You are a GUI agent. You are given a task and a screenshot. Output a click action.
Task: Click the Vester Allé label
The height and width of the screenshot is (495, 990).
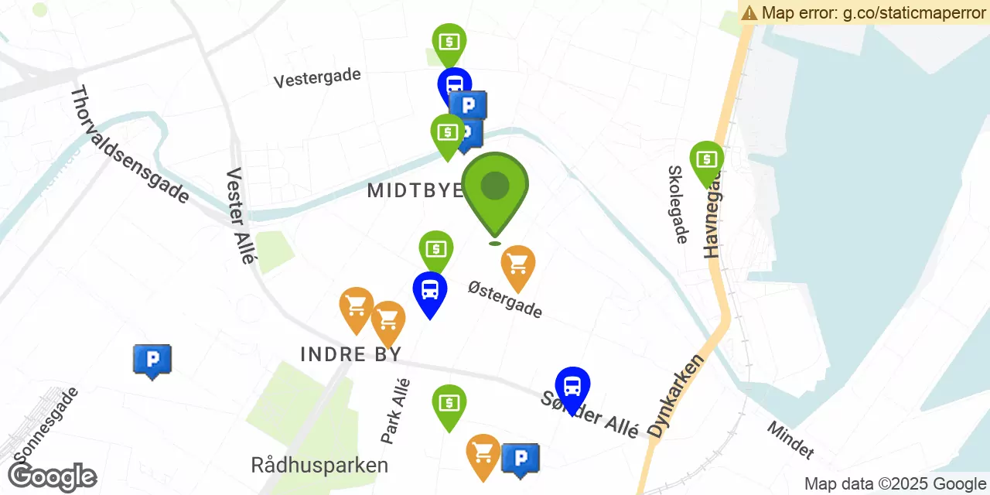pyautogui.click(x=239, y=217)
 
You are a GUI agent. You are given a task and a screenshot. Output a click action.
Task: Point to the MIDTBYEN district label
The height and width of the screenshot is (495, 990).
pyautogui.click(x=415, y=190)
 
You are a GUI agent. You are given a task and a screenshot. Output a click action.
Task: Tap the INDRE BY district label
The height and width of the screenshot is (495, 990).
pyautogui.click(x=351, y=354)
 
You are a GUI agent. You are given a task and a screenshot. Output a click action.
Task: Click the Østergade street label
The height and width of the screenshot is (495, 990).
pyautogui.click(x=505, y=299)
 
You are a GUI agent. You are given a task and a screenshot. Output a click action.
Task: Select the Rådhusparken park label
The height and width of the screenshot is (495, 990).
pyautogui.click(x=319, y=466)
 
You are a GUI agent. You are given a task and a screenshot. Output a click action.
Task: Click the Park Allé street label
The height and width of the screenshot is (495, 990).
pyautogui.click(x=395, y=410)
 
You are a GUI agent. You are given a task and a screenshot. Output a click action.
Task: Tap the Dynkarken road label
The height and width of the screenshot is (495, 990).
pyautogui.click(x=677, y=397)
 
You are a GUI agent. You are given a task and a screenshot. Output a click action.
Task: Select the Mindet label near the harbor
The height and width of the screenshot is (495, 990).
pyautogui.click(x=790, y=439)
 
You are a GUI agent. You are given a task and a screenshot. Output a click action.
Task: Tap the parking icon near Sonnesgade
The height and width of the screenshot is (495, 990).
pyautogui.click(x=152, y=360)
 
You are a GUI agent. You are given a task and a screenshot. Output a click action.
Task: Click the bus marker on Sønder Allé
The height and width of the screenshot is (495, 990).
pyautogui.click(x=572, y=387)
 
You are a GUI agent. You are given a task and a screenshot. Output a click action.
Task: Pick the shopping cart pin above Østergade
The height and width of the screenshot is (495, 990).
pyautogui.click(x=518, y=265)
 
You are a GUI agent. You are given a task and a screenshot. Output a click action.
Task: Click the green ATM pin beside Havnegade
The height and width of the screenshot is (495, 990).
pyautogui.click(x=706, y=161)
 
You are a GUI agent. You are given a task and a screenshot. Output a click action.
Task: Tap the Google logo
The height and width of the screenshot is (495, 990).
pyautogui.click(x=53, y=477)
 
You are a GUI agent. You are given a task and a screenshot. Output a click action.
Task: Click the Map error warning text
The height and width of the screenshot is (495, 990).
pyautogui.click(x=864, y=12)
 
